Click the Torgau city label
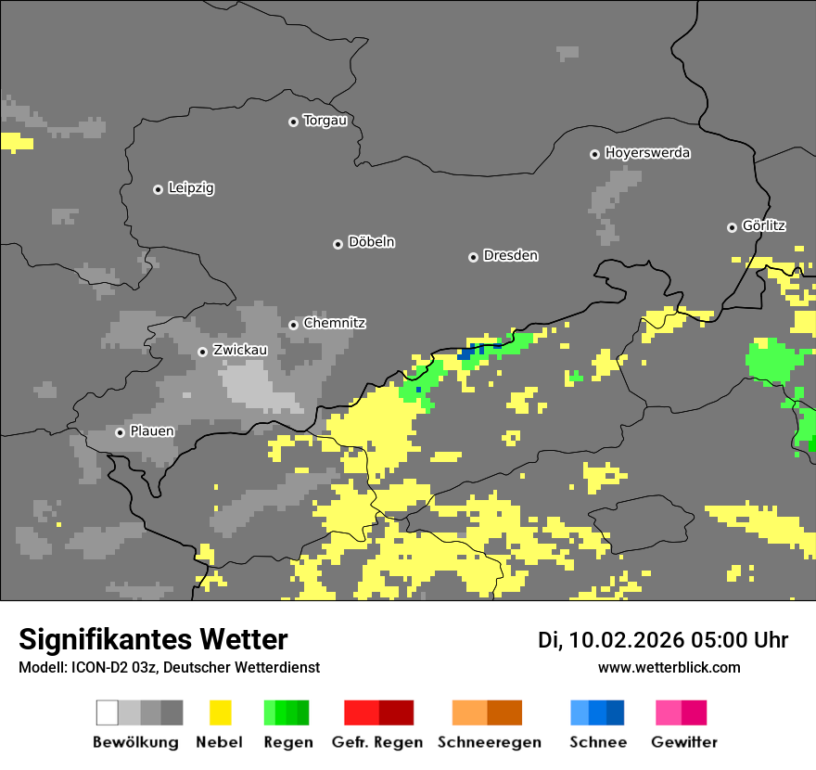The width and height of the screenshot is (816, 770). [x=325, y=121]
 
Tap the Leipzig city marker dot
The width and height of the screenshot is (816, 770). [x=158, y=189]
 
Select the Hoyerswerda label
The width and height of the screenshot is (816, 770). [x=647, y=153]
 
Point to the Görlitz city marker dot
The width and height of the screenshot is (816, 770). [x=732, y=227]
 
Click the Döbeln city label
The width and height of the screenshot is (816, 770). [x=371, y=242]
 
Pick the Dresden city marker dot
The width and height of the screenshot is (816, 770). [x=473, y=257]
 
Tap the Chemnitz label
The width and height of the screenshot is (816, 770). [x=334, y=324]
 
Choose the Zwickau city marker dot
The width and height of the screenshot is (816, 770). [x=202, y=352]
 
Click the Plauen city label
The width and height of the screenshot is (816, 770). [x=152, y=431]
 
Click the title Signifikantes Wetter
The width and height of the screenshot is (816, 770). [x=153, y=639]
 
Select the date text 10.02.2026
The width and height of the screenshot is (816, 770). [x=626, y=640]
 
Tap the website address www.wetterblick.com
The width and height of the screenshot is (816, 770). [x=669, y=667]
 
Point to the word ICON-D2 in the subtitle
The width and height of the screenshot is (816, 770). [x=95, y=667]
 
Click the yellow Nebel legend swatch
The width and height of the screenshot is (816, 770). [x=220, y=712]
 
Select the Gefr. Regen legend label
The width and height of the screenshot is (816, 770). [x=377, y=742]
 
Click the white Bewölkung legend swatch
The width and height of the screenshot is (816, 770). [x=108, y=712]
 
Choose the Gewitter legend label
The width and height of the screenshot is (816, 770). [x=684, y=742]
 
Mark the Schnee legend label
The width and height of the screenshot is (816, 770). [x=598, y=742]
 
